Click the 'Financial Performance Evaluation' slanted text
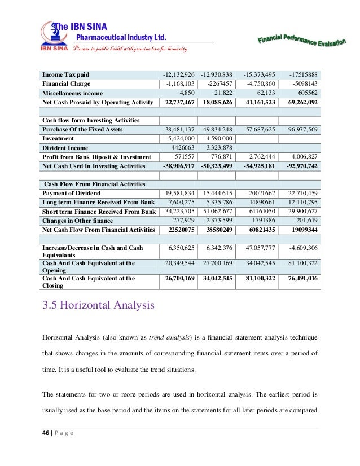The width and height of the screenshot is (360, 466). pyautogui.click(x=301, y=39)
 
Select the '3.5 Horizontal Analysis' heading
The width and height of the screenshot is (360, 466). pyautogui.click(x=99, y=306)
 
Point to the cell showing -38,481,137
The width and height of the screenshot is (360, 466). pyautogui.click(x=177, y=130)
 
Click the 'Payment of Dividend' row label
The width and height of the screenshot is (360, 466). pyautogui.click(x=72, y=194)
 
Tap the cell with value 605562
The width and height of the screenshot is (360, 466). pyautogui.click(x=305, y=93)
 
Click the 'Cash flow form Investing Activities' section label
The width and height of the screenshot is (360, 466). pyautogui.click(x=91, y=121)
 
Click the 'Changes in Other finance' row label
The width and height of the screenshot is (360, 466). pyautogui.click(x=78, y=221)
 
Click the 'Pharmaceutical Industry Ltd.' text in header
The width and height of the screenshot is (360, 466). pyautogui.click(x=121, y=38)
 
